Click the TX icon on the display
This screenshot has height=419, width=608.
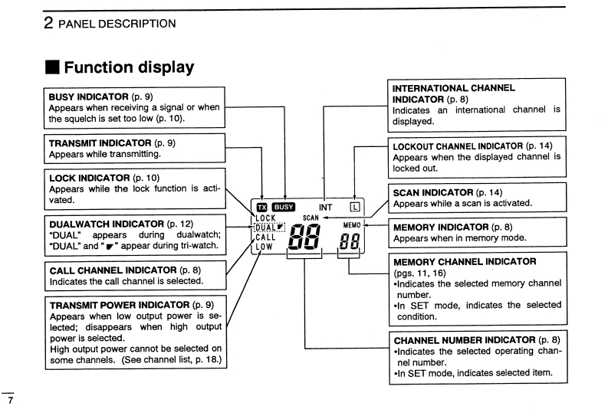click(x=262, y=206)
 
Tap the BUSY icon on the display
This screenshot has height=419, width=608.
click(x=284, y=206)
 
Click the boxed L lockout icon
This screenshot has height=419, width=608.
click(x=354, y=206)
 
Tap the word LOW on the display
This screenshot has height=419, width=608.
click(x=264, y=247)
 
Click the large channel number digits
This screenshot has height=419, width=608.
click(x=305, y=241)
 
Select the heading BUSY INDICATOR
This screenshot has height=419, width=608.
click(x=100, y=97)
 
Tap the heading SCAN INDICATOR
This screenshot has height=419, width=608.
click(x=433, y=191)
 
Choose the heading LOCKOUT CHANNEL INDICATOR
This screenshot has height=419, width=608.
click(x=458, y=145)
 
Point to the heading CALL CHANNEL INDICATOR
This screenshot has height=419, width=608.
click(x=113, y=270)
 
